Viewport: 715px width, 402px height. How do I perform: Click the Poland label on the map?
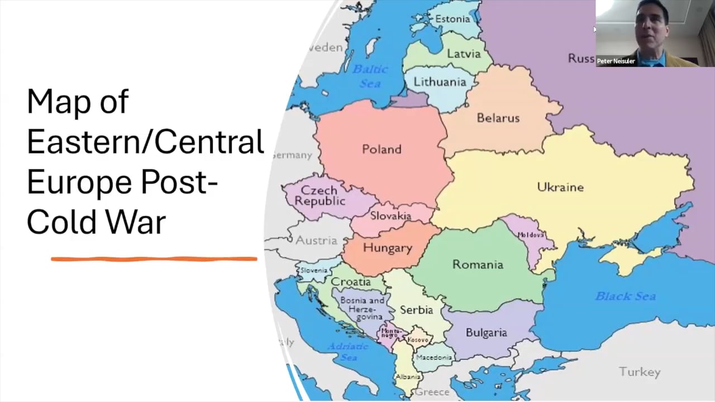pos(382,150)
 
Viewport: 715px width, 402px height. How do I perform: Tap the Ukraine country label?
pos(560,187)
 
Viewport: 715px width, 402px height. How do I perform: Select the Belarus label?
pos(498,118)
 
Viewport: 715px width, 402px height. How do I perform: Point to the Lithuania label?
pos(440,82)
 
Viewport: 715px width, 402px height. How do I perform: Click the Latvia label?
pos(464,54)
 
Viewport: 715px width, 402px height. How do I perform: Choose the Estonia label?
pos(452,19)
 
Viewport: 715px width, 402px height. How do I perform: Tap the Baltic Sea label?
pos(370,76)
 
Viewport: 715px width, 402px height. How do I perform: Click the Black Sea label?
pos(625,296)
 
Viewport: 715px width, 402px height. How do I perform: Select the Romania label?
pos(478,265)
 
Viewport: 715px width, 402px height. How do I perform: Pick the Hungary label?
pos(387,248)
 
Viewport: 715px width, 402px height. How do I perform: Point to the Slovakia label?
pos(390,216)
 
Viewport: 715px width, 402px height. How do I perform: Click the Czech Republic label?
pos(320,195)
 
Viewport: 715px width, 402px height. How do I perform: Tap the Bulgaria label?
pos(486,333)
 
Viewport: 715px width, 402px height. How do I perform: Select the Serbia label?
pos(416,310)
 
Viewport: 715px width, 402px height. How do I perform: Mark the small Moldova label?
pos(530,235)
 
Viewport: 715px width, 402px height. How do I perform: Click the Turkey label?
pos(640,372)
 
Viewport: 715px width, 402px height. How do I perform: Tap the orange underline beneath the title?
pos(154,259)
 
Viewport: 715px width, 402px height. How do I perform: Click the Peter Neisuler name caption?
pos(616,61)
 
